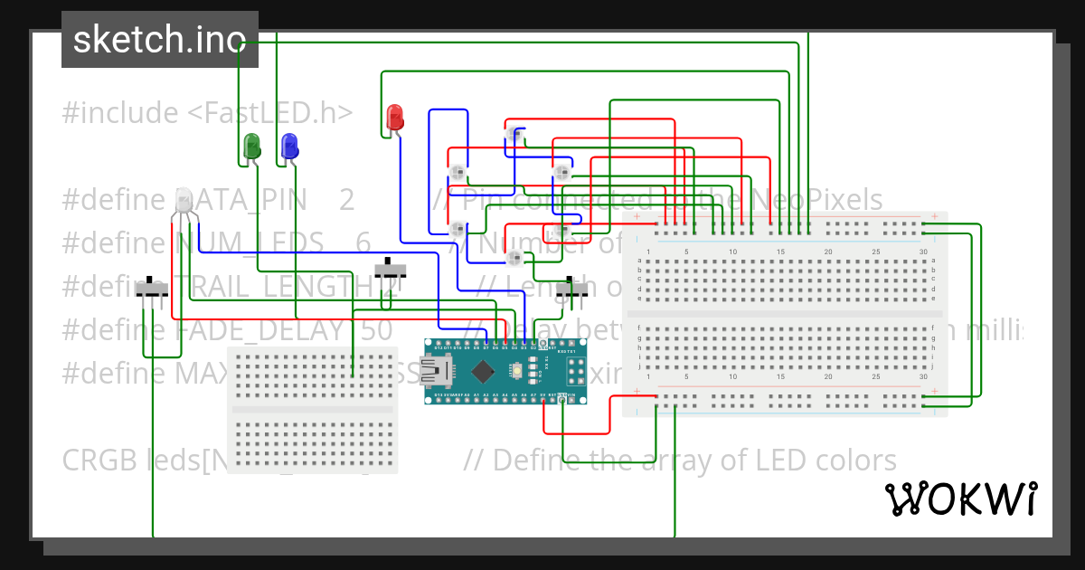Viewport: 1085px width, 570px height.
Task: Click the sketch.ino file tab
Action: click(x=159, y=40)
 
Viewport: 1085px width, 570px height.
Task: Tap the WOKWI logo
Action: click(x=960, y=499)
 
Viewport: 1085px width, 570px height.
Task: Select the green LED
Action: click(x=251, y=145)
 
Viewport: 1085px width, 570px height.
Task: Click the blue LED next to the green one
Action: click(x=289, y=145)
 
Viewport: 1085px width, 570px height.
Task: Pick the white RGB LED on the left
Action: click(x=184, y=201)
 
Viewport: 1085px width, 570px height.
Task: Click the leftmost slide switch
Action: click(x=152, y=289)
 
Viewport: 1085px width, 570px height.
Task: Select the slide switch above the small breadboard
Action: click(x=391, y=269)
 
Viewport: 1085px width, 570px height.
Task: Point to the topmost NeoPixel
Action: click(x=514, y=135)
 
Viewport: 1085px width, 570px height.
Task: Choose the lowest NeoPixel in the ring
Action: click(x=514, y=259)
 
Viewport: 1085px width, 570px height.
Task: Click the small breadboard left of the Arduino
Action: click(x=312, y=409)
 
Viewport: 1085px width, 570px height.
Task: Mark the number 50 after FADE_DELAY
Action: click(x=375, y=330)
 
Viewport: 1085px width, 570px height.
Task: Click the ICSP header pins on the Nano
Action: click(x=574, y=370)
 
